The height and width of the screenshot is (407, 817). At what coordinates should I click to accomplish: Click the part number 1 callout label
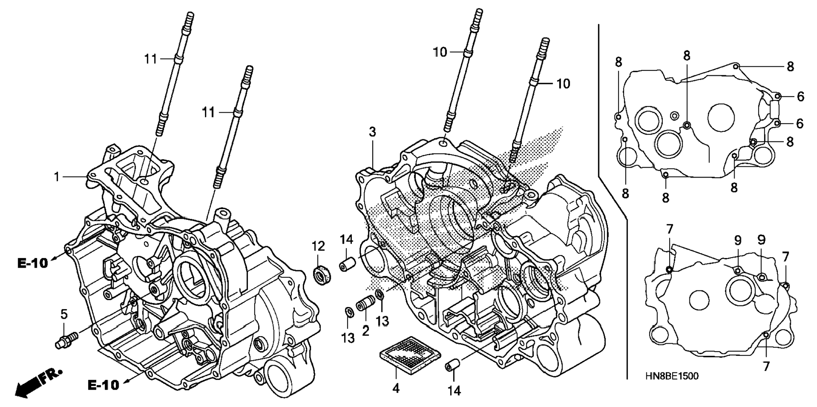57,177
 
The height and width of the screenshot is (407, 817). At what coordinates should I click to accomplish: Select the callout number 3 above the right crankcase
372,132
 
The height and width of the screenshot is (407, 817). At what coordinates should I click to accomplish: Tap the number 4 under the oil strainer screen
395,388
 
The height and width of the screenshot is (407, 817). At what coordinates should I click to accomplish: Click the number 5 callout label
64,314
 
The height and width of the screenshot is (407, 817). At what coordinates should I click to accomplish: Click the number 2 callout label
365,331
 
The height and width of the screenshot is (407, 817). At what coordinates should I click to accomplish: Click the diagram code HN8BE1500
671,376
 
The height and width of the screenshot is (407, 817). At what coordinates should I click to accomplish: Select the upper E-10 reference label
33,263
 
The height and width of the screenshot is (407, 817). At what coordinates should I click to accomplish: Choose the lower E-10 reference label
103,385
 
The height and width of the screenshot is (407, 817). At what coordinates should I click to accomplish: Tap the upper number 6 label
801,97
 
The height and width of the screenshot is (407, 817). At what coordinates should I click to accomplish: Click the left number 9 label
738,241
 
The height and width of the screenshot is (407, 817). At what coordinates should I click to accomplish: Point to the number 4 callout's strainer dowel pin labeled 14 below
451,366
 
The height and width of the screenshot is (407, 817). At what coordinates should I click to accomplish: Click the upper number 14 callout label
346,240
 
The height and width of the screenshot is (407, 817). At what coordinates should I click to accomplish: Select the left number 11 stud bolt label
150,59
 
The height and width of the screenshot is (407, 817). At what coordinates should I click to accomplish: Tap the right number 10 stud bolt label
563,84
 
